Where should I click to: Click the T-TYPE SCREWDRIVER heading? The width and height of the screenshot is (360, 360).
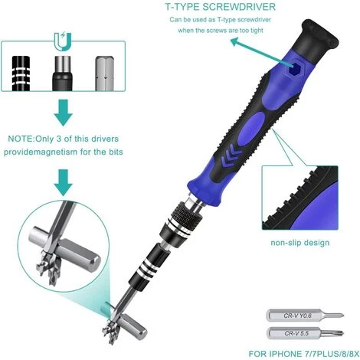click(221, 7)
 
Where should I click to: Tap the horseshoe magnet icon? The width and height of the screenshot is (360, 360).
click(63, 41)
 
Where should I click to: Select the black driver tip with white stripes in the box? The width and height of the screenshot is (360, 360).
click(21, 74)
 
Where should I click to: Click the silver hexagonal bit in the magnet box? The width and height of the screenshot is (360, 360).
click(105, 74)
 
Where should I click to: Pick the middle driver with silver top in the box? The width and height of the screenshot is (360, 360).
click(63, 74)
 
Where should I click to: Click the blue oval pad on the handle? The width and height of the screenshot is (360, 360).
click(250, 129)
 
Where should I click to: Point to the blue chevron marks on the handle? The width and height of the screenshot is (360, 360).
click(231, 155)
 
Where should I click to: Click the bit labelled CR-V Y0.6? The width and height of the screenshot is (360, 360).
click(305, 316)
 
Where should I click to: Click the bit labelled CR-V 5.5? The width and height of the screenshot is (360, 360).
click(305, 333)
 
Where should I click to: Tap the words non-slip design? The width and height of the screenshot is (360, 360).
click(300, 242)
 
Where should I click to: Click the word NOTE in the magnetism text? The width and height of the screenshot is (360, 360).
click(21, 139)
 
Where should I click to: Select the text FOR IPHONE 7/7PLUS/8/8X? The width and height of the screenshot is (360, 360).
click(304, 354)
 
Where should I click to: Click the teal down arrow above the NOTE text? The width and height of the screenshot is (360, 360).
click(64, 113)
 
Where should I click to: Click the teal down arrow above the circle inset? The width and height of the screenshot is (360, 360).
click(64, 182)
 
